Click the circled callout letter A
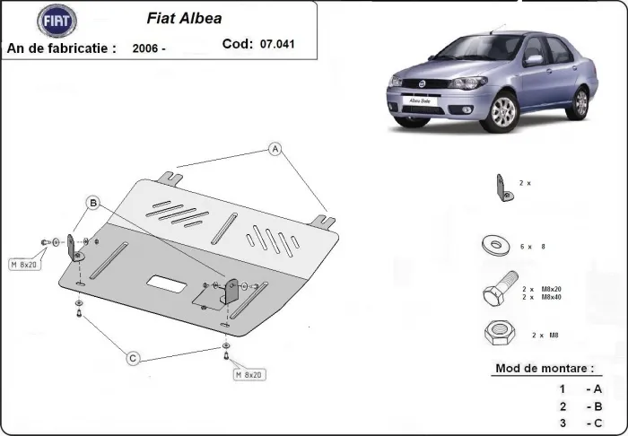click(x=275, y=149)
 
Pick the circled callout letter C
click(x=133, y=358)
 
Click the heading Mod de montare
click(x=544, y=368)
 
